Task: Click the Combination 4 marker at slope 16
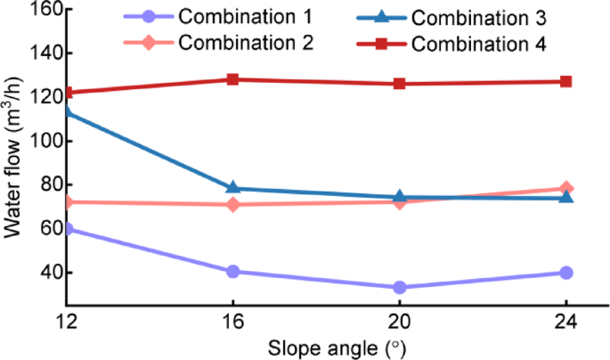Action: [232, 79]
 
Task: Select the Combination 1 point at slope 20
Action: [400, 287]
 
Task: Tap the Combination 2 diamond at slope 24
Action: [566, 189]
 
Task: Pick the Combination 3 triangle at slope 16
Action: [232, 188]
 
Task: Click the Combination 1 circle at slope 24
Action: [566, 273]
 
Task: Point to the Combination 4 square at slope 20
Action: [400, 84]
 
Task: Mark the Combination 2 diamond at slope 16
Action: [232, 205]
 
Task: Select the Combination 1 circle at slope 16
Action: [232, 271]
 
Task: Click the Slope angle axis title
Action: [316, 346]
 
